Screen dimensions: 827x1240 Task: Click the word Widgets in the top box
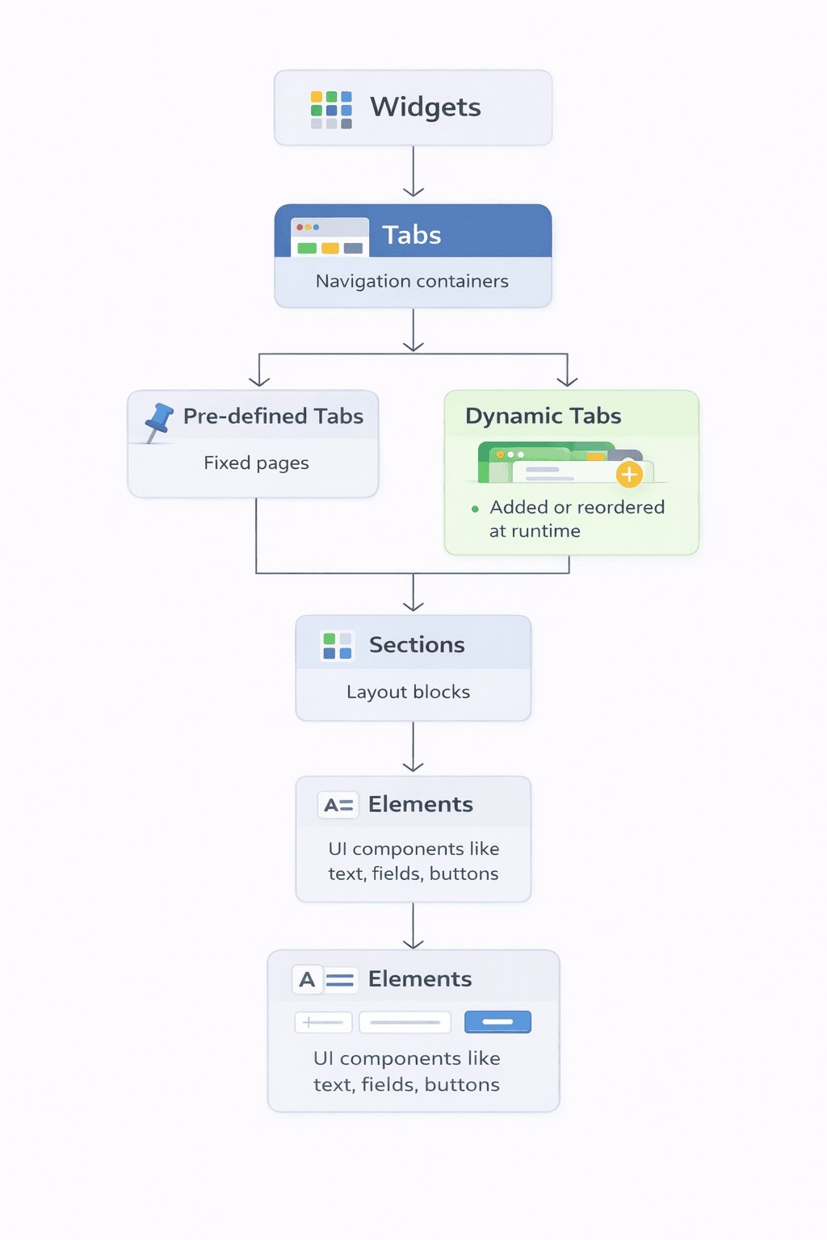[426, 107]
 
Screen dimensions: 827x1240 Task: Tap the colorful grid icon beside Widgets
[331, 110]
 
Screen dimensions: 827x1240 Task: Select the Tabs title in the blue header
[412, 235]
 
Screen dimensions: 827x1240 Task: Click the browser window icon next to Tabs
[330, 237]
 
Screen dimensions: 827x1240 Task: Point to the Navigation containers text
[412, 281]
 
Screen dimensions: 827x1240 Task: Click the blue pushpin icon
[158, 422]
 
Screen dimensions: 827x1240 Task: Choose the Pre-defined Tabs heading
[273, 417]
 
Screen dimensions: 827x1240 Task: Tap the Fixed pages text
[256, 463]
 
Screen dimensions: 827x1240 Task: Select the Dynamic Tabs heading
[543, 417]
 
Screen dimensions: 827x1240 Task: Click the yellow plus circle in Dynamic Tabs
[629, 475]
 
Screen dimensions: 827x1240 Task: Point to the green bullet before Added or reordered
[475, 509]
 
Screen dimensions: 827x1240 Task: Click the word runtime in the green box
[546, 531]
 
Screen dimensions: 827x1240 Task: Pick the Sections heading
[417, 645]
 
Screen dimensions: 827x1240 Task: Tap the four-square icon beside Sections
[338, 646]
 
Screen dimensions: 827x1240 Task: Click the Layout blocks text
[408, 692]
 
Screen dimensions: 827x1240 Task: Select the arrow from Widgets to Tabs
[413, 171]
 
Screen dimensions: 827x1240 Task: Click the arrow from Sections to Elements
[413, 747]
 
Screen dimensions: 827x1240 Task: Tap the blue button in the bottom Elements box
[497, 1022]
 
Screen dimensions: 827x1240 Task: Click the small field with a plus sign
[324, 1023]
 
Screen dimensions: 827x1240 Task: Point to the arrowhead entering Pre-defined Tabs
[259, 381]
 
